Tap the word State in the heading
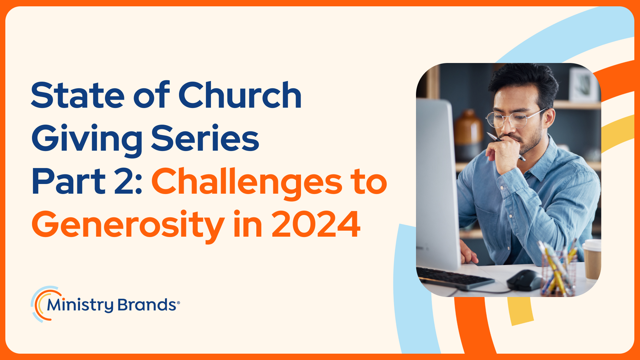pos(78,96)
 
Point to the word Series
pos(205,138)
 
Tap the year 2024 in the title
pos(316,224)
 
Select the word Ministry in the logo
pos(80,305)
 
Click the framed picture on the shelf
pos(584,85)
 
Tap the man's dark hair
pos(523,82)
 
